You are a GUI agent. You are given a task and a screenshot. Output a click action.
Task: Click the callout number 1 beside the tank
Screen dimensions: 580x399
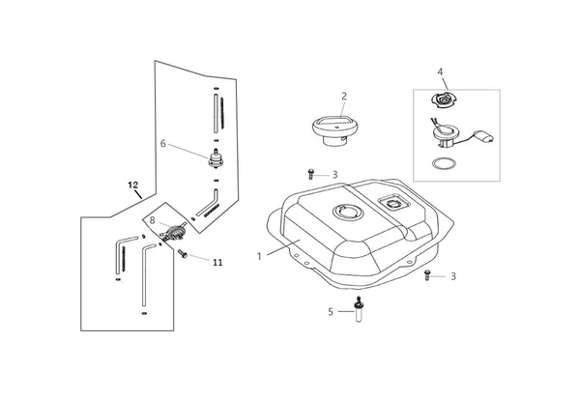tap(259, 256)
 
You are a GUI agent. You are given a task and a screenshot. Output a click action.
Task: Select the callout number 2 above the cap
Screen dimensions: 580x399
tap(344, 97)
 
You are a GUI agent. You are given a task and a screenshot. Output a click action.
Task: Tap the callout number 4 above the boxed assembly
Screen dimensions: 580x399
tap(440, 71)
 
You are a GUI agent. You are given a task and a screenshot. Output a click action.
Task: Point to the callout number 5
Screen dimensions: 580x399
tap(331, 312)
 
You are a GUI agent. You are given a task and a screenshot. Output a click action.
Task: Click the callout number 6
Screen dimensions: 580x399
tap(163, 144)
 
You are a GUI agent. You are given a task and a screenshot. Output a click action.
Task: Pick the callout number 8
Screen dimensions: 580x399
tap(153, 221)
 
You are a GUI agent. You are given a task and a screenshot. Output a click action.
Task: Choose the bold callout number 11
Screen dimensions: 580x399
tap(217, 263)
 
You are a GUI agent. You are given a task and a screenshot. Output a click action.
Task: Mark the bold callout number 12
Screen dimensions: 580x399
tap(132, 185)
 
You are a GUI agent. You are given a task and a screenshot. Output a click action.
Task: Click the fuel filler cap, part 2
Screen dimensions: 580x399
tap(334, 130)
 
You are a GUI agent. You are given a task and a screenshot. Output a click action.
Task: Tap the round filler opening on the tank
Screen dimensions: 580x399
tap(348, 213)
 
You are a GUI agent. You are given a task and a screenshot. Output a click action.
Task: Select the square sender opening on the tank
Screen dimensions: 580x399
tap(394, 203)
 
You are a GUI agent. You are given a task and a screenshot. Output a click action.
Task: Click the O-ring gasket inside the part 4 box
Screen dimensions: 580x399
tap(444, 163)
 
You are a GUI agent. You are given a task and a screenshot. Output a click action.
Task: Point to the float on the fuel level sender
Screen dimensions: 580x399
tap(484, 136)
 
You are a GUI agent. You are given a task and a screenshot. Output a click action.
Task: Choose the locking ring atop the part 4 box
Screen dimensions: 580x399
tap(444, 100)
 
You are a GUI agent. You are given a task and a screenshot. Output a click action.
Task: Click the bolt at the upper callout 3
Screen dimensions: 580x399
tap(310, 174)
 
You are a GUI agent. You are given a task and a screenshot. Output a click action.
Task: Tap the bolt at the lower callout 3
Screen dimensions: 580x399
tap(427, 275)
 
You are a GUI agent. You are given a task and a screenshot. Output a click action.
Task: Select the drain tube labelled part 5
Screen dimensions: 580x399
tap(358, 309)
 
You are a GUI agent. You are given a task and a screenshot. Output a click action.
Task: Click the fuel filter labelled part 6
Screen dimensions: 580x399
tap(216, 159)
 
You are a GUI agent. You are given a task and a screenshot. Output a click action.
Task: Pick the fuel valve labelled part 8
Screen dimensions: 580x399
tap(172, 233)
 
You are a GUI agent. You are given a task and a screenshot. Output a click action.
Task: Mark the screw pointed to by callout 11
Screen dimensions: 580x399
tap(183, 254)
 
